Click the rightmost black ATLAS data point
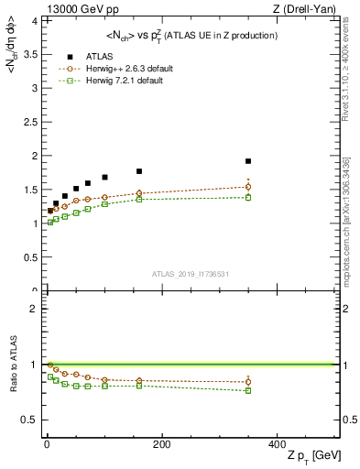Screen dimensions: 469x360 point(248,161)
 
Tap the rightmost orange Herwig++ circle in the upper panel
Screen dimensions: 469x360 point(248,187)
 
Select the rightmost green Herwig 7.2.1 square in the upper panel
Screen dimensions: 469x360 point(248,197)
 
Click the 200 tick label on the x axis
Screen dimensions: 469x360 point(160,443)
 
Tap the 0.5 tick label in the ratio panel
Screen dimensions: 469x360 point(31,420)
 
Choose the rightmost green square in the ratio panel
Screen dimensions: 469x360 point(248,391)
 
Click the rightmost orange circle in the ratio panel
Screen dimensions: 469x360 point(248,382)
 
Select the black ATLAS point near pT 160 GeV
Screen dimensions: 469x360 point(139,171)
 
